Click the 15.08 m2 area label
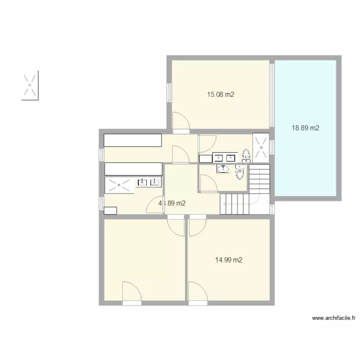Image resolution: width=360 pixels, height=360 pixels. point(220,95)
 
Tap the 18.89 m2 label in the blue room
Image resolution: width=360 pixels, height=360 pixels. point(306,128)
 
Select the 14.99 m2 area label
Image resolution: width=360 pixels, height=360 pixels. point(228,260)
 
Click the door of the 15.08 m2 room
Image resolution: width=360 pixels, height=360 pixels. point(180,121)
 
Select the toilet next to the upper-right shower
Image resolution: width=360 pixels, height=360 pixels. point(246,155)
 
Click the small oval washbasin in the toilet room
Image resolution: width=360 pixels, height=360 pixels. point(223,168)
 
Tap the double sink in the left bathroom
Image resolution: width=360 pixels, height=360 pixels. point(149,181)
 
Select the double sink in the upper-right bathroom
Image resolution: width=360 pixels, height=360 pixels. point(225,157)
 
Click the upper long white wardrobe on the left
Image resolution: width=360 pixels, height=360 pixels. point(133,140)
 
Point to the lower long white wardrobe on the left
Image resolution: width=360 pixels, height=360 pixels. point(133,168)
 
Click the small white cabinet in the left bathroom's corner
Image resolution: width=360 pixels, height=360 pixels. point(110,210)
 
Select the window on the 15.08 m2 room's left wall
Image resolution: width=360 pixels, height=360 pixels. point(169,93)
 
